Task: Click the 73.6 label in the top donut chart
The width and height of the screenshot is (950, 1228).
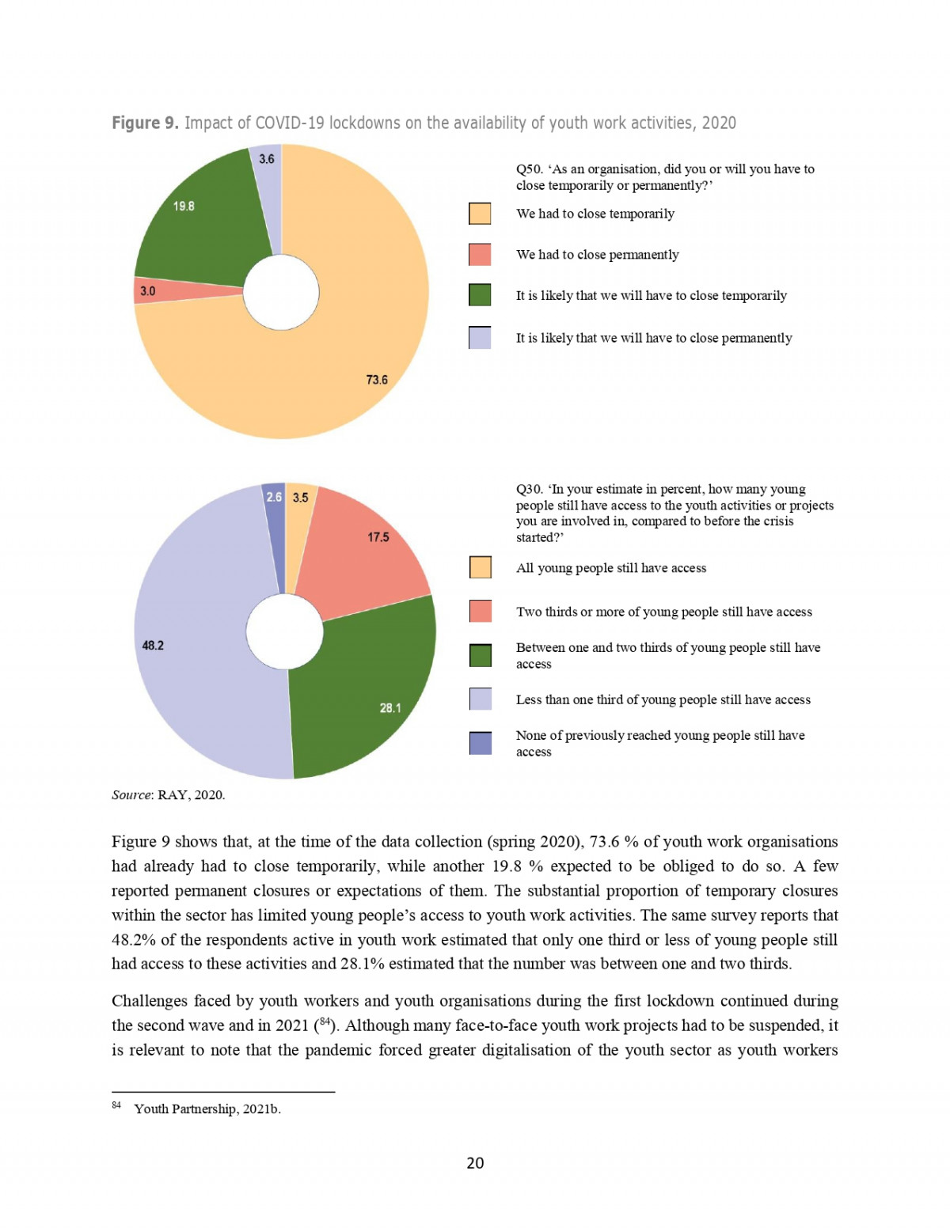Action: click(x=377, y=380)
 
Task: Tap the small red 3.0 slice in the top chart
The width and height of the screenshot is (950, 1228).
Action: click(x=182, y=290)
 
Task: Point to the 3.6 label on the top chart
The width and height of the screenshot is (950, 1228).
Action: click(x=267, y=159)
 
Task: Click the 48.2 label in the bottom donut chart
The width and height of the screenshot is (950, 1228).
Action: click(x=153, y=646)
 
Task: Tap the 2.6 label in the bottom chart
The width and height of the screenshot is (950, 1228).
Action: click(x=274, y=497)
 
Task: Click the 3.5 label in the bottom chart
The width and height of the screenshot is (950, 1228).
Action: click(x=301, y=498)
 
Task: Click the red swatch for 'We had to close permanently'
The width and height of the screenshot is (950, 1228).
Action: click(x=480, y=255)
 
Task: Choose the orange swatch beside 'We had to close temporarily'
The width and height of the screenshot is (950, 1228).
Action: click(x=480, y=214)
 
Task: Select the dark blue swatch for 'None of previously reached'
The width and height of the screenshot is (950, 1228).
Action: click(x=481, y=743)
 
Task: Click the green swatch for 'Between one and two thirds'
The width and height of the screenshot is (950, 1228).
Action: click(x=481, y=655)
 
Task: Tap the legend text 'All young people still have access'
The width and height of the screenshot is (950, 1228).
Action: click(x=611, y=568)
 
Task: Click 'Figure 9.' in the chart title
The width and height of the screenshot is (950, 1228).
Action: click(x=145, y=123)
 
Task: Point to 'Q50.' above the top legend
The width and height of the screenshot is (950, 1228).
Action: click(x=529, y=169)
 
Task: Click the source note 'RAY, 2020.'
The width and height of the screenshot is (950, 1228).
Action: click(x=191, y=795)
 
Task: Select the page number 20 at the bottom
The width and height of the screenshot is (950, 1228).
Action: click(x=475, y=1162)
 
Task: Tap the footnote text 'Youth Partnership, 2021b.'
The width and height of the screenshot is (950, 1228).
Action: click(x=207, y=1109)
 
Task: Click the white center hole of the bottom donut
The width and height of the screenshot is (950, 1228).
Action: click(x=284, y=631)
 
